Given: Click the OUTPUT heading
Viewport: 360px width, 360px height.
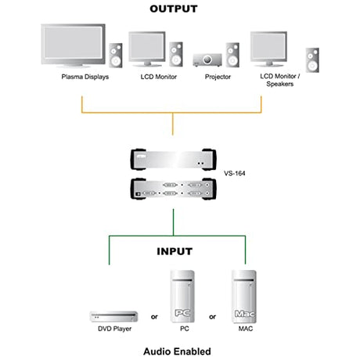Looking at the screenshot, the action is pos(174,9).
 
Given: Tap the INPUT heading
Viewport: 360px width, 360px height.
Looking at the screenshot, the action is pos(175,251).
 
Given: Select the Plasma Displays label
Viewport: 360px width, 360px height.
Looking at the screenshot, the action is pos(85,77).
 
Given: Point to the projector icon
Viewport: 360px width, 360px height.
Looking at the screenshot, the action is pos(207,60).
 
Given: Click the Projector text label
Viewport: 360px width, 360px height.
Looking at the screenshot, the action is pos(218,77).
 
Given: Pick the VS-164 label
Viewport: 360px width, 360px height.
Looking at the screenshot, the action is pos(235,173).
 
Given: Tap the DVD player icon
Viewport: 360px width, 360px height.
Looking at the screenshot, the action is pos(114,316).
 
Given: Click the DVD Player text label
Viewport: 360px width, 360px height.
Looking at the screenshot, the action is pos(114,329).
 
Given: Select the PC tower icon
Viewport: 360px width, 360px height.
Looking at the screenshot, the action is pos(182,297).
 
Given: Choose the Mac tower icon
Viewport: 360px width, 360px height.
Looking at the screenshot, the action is pos(244,297).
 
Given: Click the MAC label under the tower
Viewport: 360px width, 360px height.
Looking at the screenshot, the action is pos(246,329).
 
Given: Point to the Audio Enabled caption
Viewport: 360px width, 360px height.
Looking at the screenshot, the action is pos(177,351).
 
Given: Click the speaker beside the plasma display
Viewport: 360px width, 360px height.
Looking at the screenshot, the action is pos(116,56).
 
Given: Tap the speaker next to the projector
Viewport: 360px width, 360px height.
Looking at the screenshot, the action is pos(232,55).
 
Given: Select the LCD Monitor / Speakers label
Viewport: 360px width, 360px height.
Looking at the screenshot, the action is pos(280,80).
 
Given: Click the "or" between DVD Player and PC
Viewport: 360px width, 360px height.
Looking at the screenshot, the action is pos(154,317).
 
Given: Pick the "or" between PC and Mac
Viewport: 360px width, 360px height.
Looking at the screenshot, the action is pos(212,317).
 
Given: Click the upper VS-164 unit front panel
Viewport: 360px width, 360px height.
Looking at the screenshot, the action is pos(173,160).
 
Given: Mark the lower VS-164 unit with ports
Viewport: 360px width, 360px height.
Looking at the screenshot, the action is pos(173,189).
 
